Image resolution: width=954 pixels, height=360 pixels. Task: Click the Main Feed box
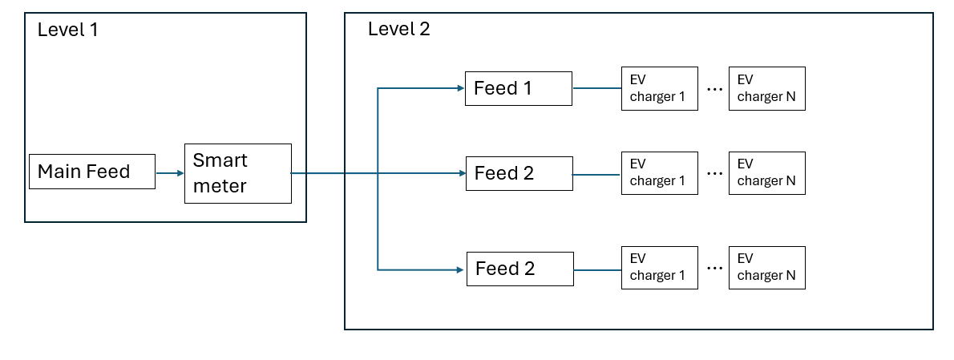pyautogui.click(x=91, y=172)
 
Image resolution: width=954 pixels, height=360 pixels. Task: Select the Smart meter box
pyautogui.click(x=237, y=173)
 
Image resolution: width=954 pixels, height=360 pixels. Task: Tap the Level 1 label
pyautogui.click(x=67, y=30)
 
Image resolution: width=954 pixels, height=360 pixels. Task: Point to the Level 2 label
pyautogui.click(x=398, y=30)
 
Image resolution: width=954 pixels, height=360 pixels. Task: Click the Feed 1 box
pyautogui.click(x=518, y=88)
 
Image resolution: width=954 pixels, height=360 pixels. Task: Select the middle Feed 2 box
pyautogui.click(x=519, y=173)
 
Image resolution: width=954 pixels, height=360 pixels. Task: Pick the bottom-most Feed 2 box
pyautogui.click(x=519, y=269)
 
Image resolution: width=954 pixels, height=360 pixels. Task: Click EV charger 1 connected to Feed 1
pyautogui.click(x=659, y=88)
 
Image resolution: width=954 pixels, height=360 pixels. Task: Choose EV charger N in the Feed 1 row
pyautogui.click(x=766, y=88)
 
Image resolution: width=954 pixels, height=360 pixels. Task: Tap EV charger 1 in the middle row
pyautogui.click(x=659, y=172)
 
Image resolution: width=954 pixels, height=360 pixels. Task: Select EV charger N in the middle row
pyautogui.click(x=766, y=172)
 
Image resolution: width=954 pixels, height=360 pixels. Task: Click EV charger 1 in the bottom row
pyautogui.click(x=659, y=267)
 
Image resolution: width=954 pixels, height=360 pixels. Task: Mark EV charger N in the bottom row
pyautogui.click(x=766, y=267)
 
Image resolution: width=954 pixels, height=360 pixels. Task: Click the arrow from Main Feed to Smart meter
pyautogui.click(x=169, y=172)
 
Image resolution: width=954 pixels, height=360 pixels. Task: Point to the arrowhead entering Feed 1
pyautogui.click(x=460, y=88)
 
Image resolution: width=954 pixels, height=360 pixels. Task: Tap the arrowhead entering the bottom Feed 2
pyautogui.click(x=462, y=269)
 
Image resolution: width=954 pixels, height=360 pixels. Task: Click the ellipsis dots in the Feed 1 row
pyautogui.click(x=714, y=90)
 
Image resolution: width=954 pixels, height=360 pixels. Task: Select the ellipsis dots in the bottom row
pyautogui.click(x=714, y=269)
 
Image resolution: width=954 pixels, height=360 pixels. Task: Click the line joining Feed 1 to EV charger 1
pyautogui.click(x=596, y=88)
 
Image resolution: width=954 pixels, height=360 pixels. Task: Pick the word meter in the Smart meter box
pyautogui.click(x=220, y=186)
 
